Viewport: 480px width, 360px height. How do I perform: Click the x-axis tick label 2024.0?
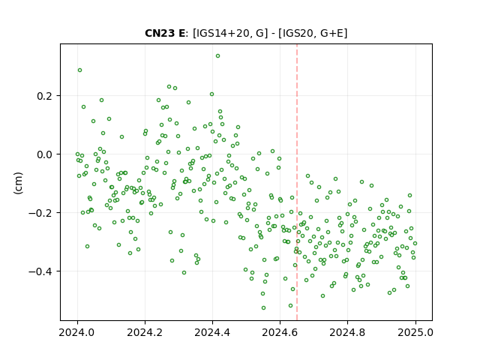point(77,332)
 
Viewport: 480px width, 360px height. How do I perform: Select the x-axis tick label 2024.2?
point(145,332)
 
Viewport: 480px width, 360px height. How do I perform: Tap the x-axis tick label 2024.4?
point(212,332)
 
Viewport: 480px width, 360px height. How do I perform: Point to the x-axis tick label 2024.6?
point(280,332)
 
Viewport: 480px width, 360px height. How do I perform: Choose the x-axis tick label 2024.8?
point(347,332)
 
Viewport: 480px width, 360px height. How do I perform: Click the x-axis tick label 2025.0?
point(415,332)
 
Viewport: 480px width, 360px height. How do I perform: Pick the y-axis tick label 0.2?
point(44,96)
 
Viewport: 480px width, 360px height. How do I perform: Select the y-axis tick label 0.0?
point(44,154)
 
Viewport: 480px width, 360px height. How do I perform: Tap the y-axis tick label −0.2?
point(40,213)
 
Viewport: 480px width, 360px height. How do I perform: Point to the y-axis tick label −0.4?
point(40,271)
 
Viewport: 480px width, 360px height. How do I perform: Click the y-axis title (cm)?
point(18,183)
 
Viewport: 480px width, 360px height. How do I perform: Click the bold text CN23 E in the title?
point(165,33)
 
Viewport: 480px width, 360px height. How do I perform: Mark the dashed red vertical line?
point(297,182)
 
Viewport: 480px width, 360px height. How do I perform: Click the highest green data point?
point(217,56)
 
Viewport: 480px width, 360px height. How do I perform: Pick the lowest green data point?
point(263,307)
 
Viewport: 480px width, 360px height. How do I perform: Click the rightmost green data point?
point(415,243)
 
